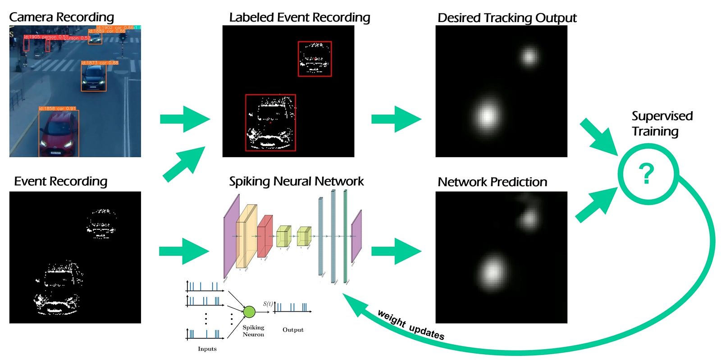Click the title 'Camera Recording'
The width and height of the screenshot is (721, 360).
tap(61, 17)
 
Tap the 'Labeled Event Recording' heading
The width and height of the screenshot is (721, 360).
tap(299, 18)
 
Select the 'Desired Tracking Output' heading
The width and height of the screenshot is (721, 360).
tap(507, 18)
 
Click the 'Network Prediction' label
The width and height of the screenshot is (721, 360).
tap(492, 182)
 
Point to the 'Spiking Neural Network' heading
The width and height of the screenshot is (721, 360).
tap(296, 181)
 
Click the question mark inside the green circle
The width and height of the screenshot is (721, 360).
tap(647, 174)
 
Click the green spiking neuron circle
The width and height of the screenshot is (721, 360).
tap(249, 311)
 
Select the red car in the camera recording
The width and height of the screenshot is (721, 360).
tap(58, 134)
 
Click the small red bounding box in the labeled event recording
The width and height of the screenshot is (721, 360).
tap(315, 59)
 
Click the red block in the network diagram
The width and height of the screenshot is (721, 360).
tap(265, 236)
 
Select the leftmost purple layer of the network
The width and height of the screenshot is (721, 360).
tap(231, 236)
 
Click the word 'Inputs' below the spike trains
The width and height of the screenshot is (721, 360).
tap(207, 349)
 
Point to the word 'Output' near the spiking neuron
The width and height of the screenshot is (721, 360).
tap(293, 330)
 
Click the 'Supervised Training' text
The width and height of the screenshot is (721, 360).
tap(662, 123)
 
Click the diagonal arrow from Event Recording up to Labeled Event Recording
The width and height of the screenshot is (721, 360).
tap(184, 164)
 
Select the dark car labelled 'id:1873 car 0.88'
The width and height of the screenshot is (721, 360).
tap(94, 77)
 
